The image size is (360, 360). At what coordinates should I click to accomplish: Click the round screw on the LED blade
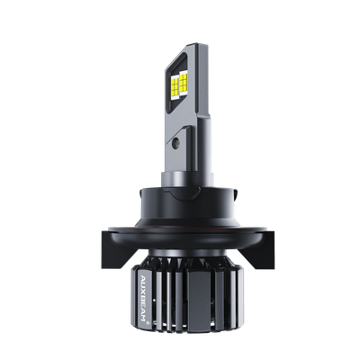click(177, 141)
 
